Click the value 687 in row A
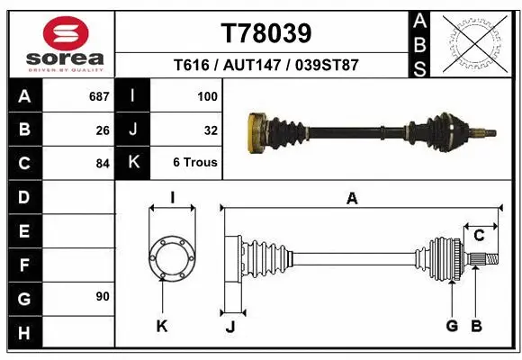96,95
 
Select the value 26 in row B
102,130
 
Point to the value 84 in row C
102,164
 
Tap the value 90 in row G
102,296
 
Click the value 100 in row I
207,95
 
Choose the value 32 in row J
211,130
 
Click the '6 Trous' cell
195,164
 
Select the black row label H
24,335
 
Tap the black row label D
24,196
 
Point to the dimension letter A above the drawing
352,199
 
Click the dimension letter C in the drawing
479,236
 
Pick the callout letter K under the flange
162,327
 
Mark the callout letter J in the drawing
230,327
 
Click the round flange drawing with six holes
171,258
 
